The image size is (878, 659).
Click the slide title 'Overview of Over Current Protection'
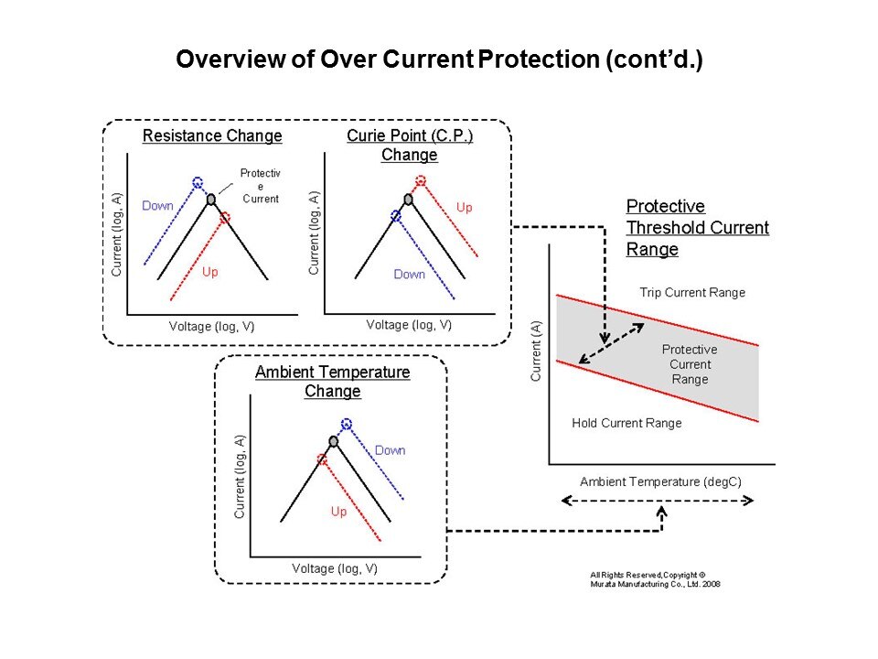(x=438, y=60)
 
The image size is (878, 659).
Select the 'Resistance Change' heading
(x=212, y=136)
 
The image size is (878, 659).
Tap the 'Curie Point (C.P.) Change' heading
(x=409, y=145)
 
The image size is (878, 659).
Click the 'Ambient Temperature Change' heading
(x=332, y=382)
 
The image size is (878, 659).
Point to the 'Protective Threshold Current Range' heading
(x=697, y=227)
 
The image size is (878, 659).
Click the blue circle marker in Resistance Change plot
(x=197, y=182)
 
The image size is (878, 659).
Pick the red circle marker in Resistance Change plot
(x=225, y=218)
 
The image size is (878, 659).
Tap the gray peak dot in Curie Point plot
(x=408, y=199)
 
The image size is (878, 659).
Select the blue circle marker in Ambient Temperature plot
(x=346, y=424)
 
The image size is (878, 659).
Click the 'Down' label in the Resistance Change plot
(x=157, y=206)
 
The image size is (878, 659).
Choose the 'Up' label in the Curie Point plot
(x=464, y=208)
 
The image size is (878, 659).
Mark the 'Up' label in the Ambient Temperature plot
(x=338, y=512)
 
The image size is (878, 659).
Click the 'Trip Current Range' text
(x=692, y=293)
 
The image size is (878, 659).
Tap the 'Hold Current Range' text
(x=626, y=423)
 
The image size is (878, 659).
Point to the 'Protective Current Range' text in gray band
(x=690, y=364)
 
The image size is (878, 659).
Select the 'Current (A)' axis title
(x=536, y=351)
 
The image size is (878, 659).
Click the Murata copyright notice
(x=656, y=579)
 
